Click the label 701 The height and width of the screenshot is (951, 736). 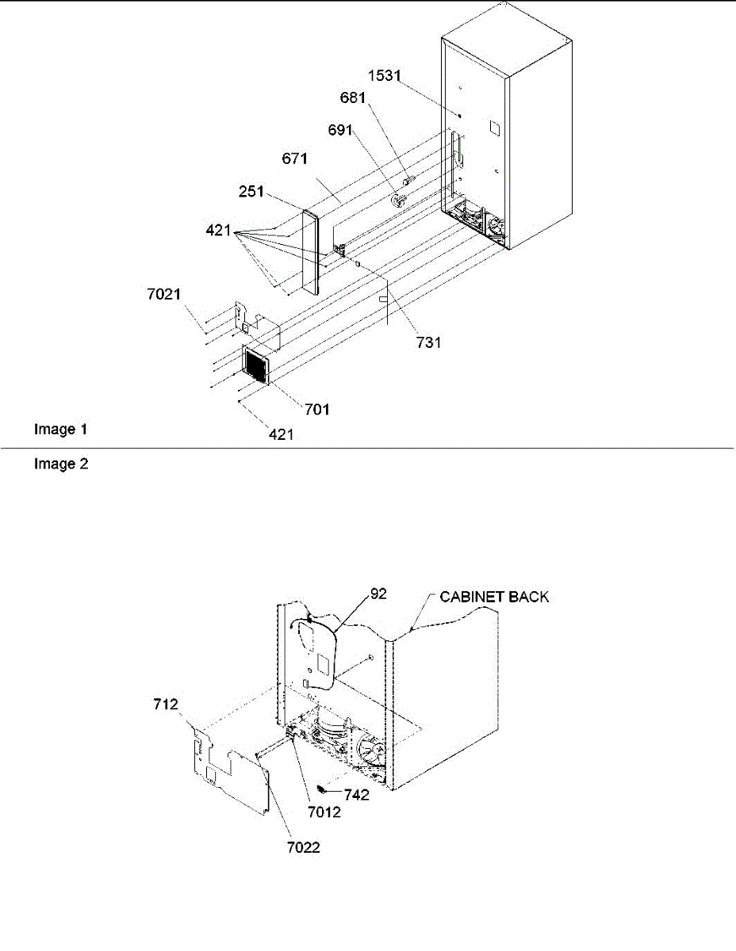coord(317,410)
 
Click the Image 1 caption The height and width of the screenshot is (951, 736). coord(60,430)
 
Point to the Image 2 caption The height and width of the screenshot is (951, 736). coord(60,465)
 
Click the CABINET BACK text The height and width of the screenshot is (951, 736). coord(495,597)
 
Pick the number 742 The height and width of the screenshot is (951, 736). coord(357,795)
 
